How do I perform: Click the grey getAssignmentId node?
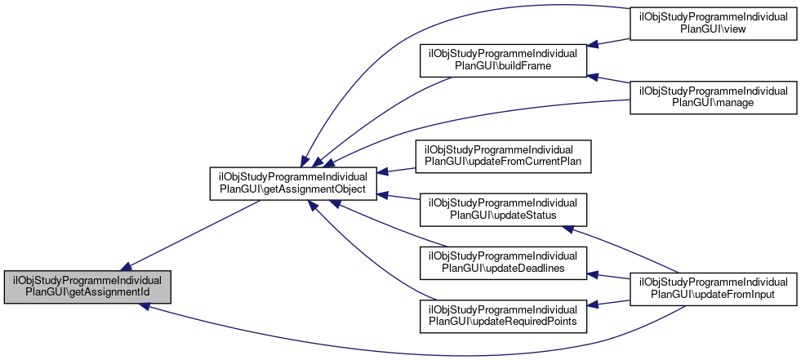tap(88, 287)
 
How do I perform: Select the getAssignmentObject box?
tap(294, 184)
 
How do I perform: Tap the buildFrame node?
tap(503, 63)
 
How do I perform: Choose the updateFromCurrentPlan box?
tap(503, 157)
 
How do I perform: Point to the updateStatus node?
tap(503, 209)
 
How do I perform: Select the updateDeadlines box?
tap(503, 261)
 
